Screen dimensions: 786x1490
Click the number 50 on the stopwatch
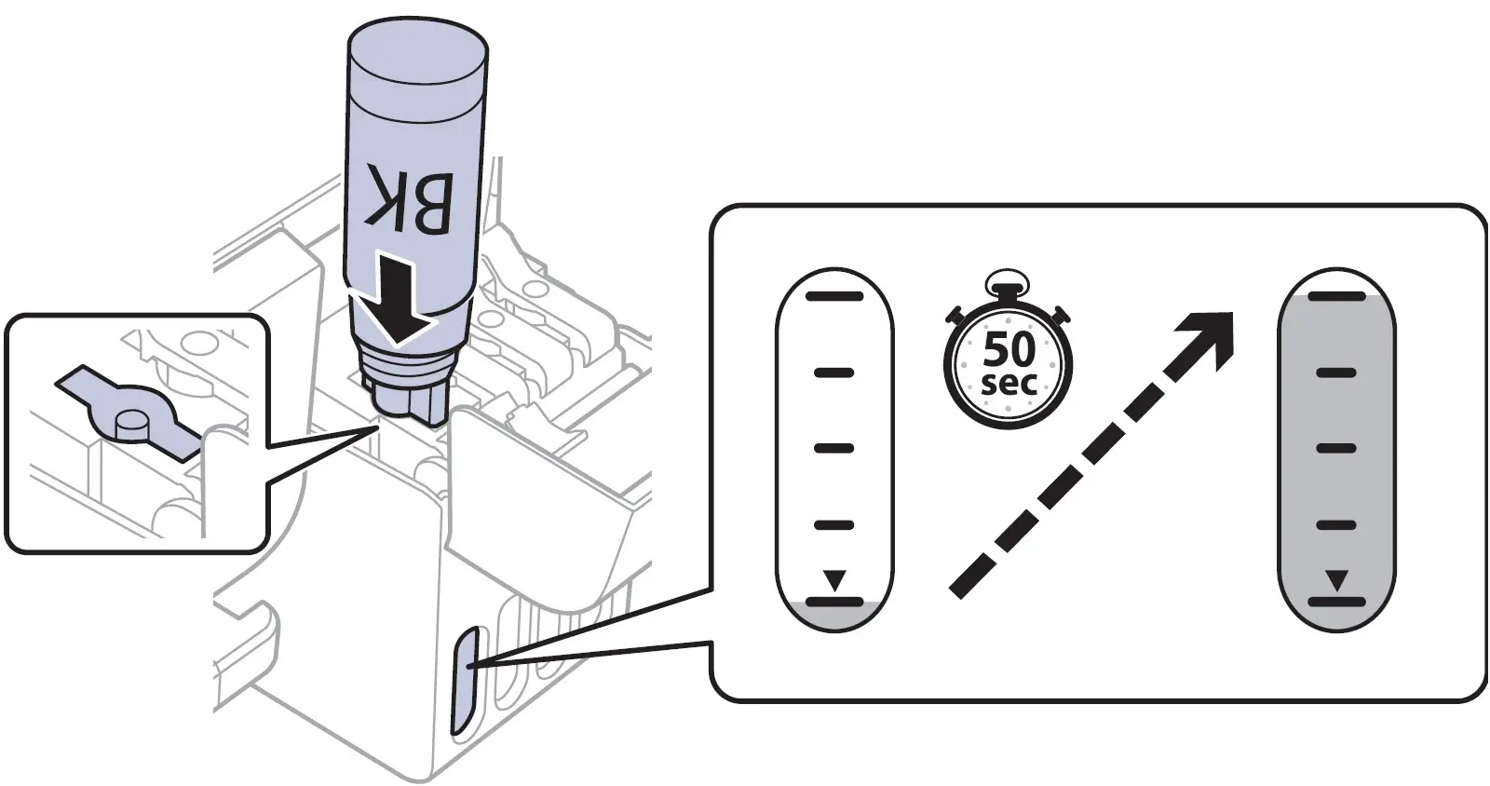[1009, 349]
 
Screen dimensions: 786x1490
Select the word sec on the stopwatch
[1009, 383]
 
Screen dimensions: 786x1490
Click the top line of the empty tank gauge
[834, 297]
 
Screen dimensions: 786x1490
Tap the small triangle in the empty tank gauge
[834, 582]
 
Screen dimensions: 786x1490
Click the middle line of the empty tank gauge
[834, 448]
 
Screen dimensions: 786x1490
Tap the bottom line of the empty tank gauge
[834, 602]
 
